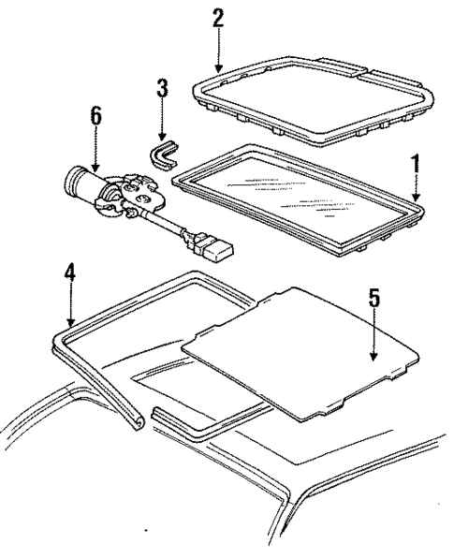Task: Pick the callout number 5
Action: pyautogui.click(x=373, y=300)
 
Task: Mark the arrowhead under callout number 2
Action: pyautogui.click(x=218, y=69)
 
